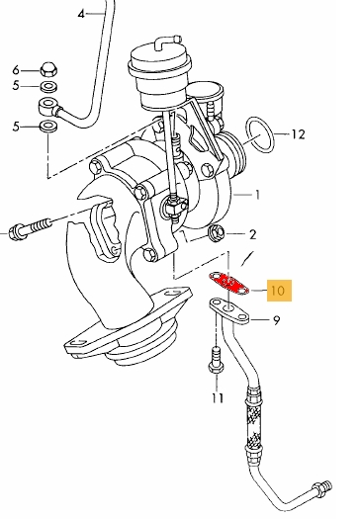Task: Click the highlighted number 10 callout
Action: click(279, 291)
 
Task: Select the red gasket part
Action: click(228, 284)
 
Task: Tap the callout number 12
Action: click(298, 134)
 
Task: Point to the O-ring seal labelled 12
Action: click(260, 134)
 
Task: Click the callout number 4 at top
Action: click(81, 14)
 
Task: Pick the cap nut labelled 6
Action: click(49, 69)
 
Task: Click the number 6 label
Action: click(16, 70)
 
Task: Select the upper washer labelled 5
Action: click(48, 87)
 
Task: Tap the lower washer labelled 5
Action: click(48, 126)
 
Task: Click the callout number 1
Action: click(257, 195)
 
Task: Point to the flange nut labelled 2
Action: click(216, 232)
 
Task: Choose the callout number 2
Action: click(252, 234)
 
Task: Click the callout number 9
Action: click(276, 320)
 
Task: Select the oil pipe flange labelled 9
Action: click(229, 310)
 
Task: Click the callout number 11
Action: click(218, 397)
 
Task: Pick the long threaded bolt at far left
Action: click(30, 228)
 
